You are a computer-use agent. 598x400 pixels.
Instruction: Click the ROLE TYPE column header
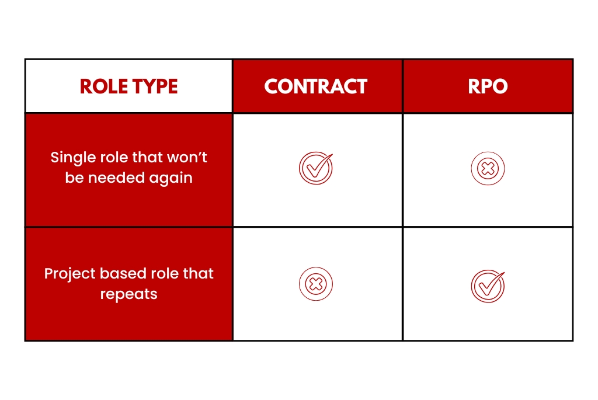point(128,86)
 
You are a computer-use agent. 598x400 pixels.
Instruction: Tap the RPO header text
point(488,86)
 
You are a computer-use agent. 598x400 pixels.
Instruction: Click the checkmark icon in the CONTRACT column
point(316,169)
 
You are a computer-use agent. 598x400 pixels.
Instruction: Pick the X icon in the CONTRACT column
point(316,285)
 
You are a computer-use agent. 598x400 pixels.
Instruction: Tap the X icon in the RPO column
point(488,169)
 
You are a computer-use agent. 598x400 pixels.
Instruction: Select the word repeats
point(128,294)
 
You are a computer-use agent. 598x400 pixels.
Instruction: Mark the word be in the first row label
point(74,178)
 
